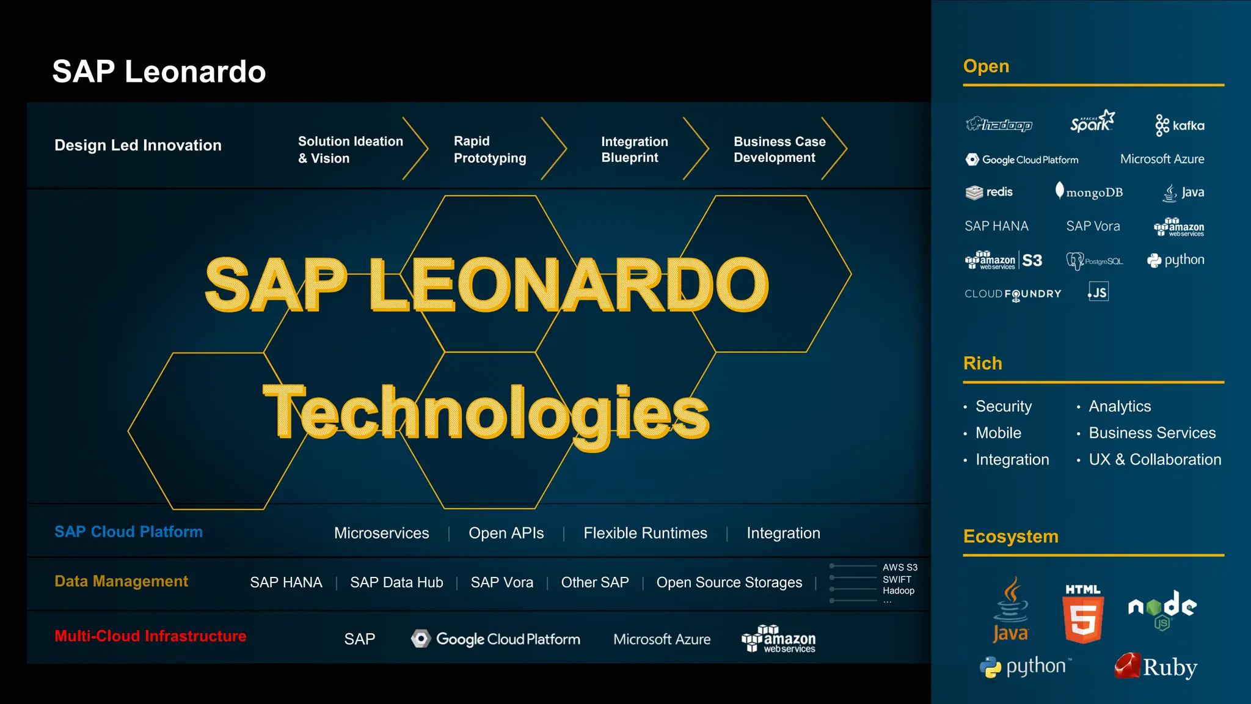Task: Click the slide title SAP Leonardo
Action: pyautogui.click(x=159, y=71)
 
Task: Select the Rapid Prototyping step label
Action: pyautogui.click(x=489, y=150)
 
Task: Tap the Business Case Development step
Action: pyautogui.click(x=779, y=150)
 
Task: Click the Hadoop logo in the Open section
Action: pyautogui.click(x=999, y=125)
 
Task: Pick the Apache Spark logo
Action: pyautogui.click(x=1092, y=122)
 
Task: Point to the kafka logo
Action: pyautogui.click(x=1180, y=125)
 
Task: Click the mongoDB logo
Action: pyautogui.click(x=1089, y=192)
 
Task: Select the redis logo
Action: pyautogui.click(x=989, y=192)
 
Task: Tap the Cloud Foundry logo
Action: pyautogui.click(x=1013, y=294)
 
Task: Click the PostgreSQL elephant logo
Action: pyautogui.click(x=1094, y=261)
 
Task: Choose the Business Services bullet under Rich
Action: pyautogui.click(x=1151, y=433)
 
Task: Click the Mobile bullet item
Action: pyautogui.click(x=998, y=433)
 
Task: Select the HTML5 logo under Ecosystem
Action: pyautogui.click(x=1083, y=614)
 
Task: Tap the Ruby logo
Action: pyautogui.click(x=1155, y=667)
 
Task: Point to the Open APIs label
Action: pyautogui.click(x=506, y=533)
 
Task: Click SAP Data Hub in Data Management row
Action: pyautogui.click(x=396, y=582)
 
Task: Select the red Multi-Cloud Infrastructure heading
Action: pyautogui.click(x=150, y=636)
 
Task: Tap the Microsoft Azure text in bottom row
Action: pyautogui.click(x=662, y=639)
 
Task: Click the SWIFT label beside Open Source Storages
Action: pyautogui.click(x=896, y=579)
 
